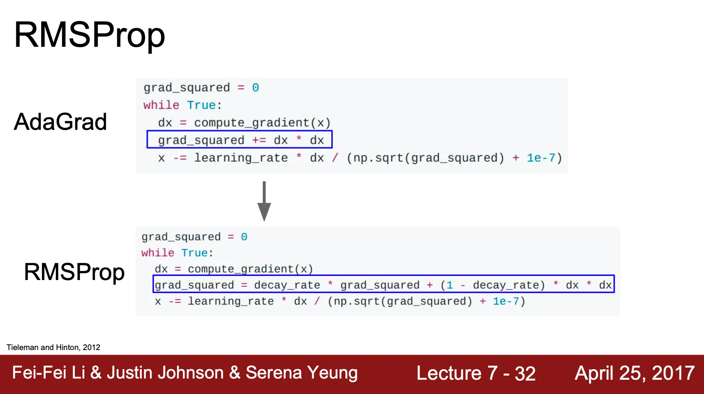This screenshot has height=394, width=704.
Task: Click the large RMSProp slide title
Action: pyautogui.click(x=90, y=35)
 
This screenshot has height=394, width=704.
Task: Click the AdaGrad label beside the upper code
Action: pyautogui.click(x=60, y=122)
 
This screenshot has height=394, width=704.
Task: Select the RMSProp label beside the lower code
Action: pyautogui.click(x=74, y=272)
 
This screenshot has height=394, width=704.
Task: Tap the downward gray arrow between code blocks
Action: pyautogui.click(x=264, y=201)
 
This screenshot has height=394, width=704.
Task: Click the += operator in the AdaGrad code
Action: pyautogui.click(x=259, y=140)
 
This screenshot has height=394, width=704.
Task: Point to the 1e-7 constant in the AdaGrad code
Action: pyautogui.click(x=541, y=158)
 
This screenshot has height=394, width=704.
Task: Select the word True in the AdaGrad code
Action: pyautogui.click(x=201, y=105)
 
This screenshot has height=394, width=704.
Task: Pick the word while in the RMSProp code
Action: pyautogui.click(x=158, y=253)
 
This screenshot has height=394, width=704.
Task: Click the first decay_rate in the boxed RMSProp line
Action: pyautogui.click(x=287, y=285)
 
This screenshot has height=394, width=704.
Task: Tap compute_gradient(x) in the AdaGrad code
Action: pyautogui.click(x=262, y=123)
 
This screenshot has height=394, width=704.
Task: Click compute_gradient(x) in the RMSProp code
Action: pyautogui.click(x=250, y=269)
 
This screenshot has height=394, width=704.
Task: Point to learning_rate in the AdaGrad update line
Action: pyautogui.click(x=241, y=158)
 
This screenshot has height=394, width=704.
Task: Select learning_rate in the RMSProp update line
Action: pyautogui.click(x=231, y=301)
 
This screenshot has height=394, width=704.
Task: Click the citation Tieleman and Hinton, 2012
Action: pyautogui.click(x=53, y=347)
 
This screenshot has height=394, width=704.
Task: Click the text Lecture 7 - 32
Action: pyautogui.click(x=475, y=373)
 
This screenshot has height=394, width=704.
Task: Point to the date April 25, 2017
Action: pyautogui.click(x=634, y=373)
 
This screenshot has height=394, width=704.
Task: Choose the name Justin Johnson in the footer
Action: pyautogui.click(x=165, y=373)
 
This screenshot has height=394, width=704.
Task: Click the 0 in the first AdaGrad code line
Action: pyautogui.click(x=255, y=88)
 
